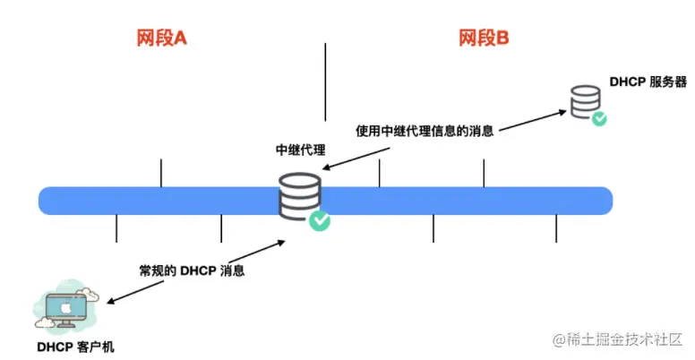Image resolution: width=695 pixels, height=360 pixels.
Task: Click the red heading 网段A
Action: [161, 39]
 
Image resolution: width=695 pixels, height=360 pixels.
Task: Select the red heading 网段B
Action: [485, 39]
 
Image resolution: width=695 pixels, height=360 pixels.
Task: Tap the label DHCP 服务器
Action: [648, 81]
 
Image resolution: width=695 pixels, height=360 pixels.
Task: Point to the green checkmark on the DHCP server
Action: [598, 117]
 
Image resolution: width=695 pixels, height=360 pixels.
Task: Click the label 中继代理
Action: [300, 150]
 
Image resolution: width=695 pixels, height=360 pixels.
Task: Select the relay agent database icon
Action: [298, 195]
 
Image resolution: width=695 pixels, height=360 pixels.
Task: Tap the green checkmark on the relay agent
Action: [319, 220]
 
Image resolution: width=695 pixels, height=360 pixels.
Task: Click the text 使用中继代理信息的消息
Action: [425, 131]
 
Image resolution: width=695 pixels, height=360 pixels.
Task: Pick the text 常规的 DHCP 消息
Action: [192, 270]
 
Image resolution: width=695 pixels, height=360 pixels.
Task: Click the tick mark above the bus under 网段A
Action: [161, 173]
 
